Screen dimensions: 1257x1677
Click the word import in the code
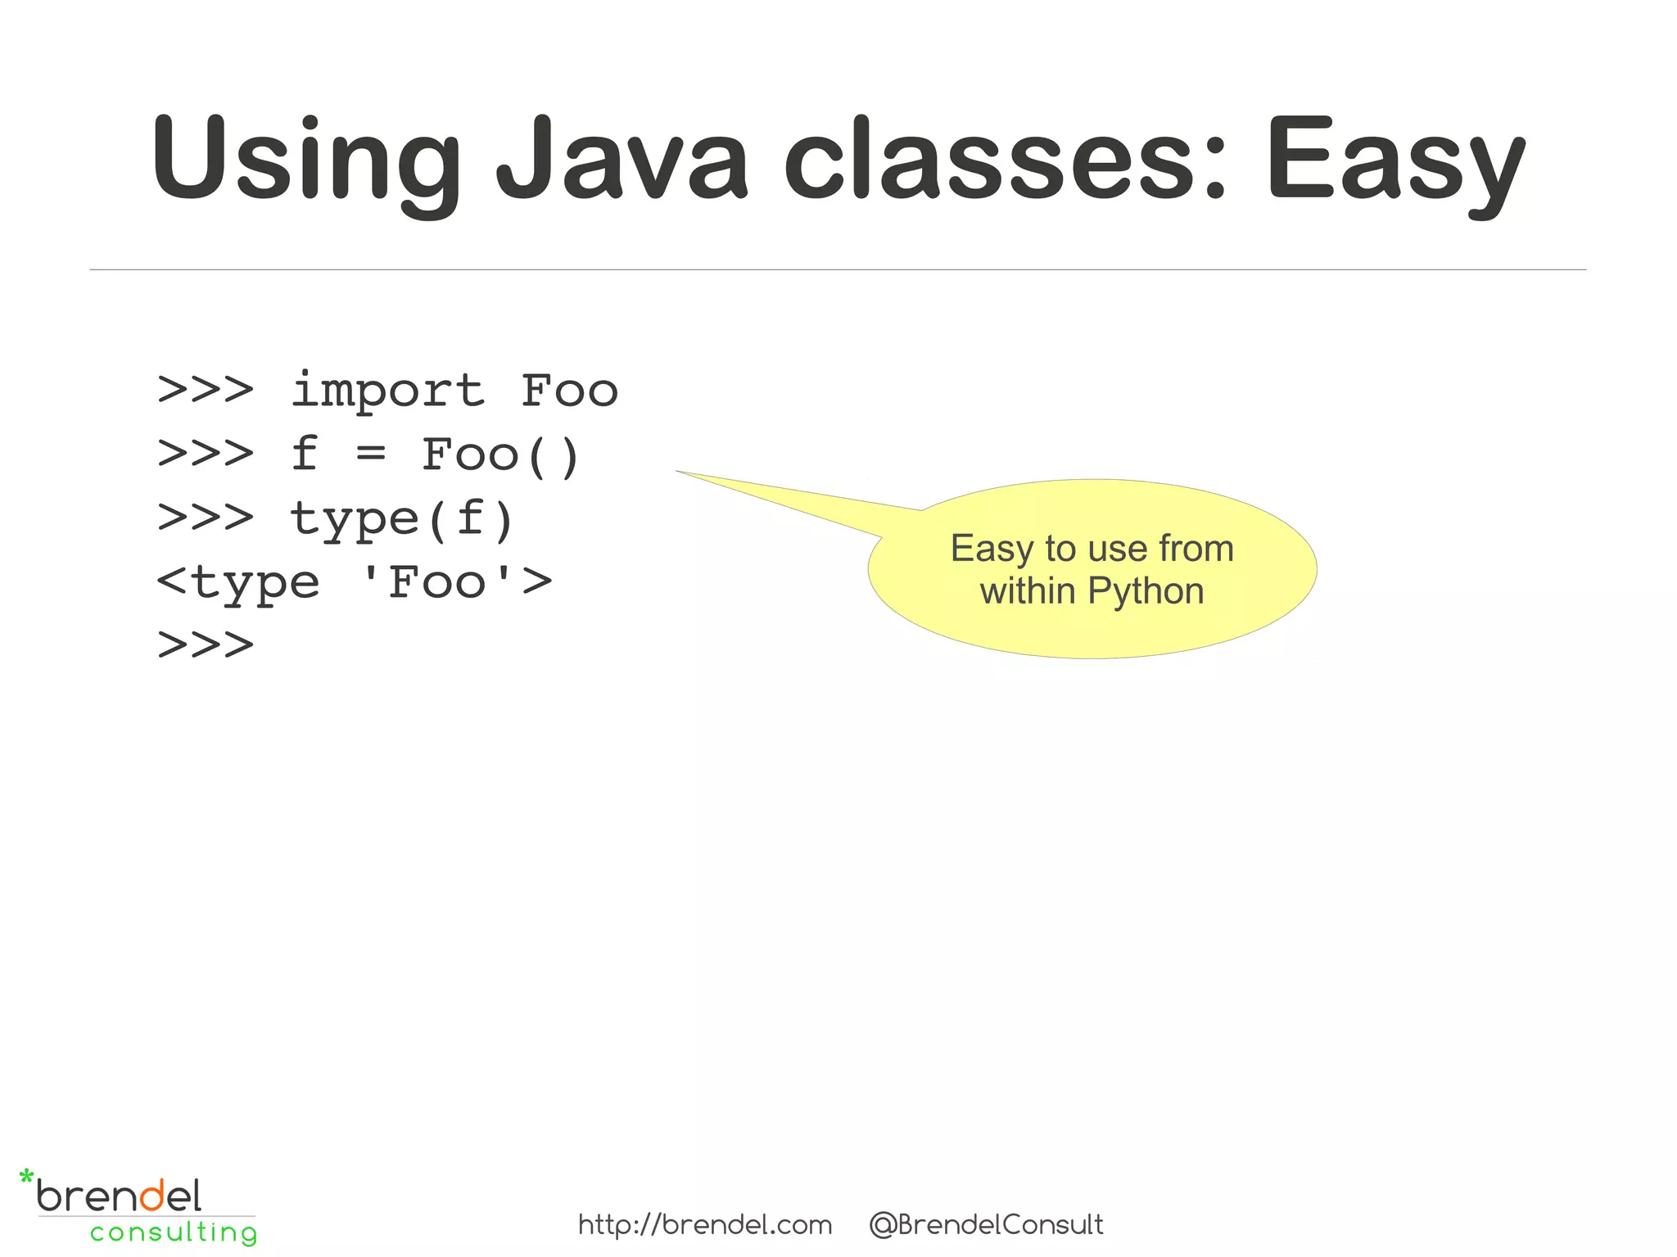(388, 391)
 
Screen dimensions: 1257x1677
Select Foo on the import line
(569, 390)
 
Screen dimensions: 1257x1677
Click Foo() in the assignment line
(500, 454)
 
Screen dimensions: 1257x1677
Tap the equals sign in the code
(371, 453)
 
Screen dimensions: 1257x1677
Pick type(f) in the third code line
(402, 519)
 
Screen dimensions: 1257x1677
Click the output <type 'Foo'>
(354, 583)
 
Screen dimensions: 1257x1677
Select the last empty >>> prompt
(206, 644)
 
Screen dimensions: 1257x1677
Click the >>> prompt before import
(206, 390)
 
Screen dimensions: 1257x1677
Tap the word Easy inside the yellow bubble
(992, 549)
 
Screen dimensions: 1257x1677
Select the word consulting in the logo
(174, 1232)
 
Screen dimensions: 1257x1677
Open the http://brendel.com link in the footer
(705, 1225)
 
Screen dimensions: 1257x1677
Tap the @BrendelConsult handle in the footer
(986, 1225)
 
